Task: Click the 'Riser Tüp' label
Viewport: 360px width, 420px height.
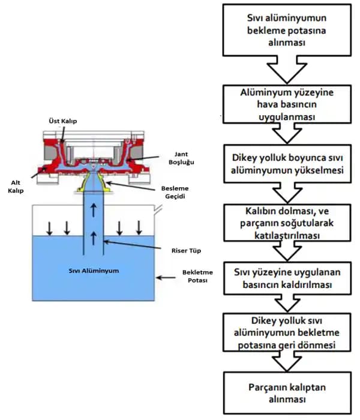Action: tap(181, 248)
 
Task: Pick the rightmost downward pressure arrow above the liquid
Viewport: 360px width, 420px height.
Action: tap(139, 227)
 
